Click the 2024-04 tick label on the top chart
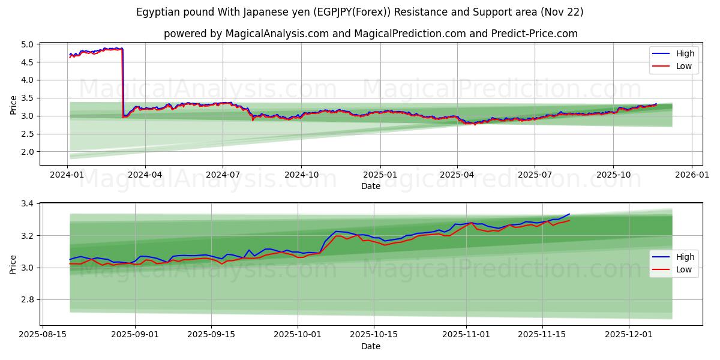[145, 175]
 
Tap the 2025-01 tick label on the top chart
[380, 175]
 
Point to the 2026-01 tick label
[692, 175]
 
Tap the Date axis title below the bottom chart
[371, 346]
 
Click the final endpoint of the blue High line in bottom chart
[569, 214]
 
